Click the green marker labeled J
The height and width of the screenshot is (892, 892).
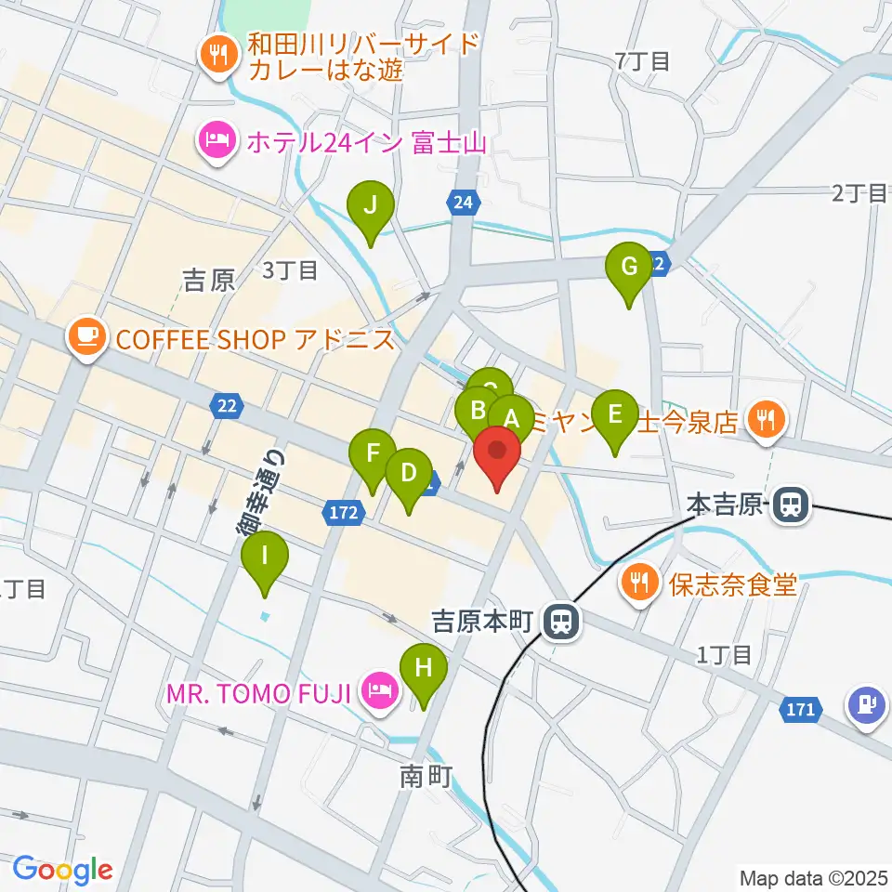point(370,205)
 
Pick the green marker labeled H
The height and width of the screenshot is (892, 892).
point(424,668)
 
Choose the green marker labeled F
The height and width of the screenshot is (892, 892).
point(373,454)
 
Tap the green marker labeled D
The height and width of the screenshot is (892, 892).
point(408,473)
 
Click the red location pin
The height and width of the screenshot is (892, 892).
point(497,453)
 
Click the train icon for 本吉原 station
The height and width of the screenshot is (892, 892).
point(792,505)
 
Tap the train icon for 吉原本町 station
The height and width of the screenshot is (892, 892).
point(560,621)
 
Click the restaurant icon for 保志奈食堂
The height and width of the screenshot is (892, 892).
point(637,584)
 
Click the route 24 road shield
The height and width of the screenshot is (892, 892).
point(464,202)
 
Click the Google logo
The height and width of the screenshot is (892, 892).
point(62,870)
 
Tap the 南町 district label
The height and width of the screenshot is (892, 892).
point(426,777)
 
